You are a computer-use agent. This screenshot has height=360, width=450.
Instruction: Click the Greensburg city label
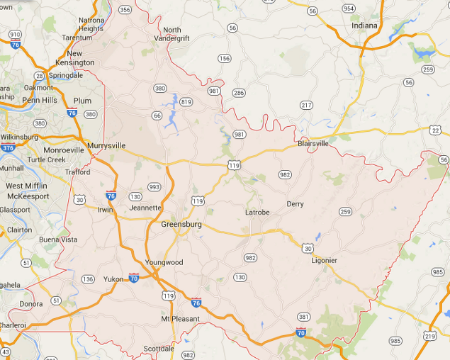pyautogui.click(x=181, y=224)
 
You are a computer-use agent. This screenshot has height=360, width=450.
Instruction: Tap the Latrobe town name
pyautogui.click(x=257, y=212)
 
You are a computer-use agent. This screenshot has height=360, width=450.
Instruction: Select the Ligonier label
pyautogui.click(x=324, y=260)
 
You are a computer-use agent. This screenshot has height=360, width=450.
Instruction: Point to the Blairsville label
pyautogui.click(x=313, y=142)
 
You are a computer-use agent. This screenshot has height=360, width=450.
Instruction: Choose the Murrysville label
pyautogui.click(x=106, y=145)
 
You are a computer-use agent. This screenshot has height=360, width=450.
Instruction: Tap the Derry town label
pyautogui.click(x=295, y=204)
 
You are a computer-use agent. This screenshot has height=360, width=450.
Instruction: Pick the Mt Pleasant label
pyautogui.click(x=180, y=319)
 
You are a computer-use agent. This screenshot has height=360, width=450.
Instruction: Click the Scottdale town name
pyautogui.click(x=159, y=349)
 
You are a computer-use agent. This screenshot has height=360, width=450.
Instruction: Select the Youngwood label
pyautogui.click(x=164, y=262)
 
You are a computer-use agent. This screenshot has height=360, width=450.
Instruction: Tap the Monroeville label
pyautogui.click(x=64, y=150)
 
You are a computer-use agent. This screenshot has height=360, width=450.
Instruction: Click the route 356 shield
pyautogui.click(x=125, y=10)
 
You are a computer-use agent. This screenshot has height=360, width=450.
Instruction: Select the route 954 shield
pyautogui.click(x=348, y=9)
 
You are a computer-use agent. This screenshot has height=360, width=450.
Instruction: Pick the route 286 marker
pyautogui.click(x=238, y=93)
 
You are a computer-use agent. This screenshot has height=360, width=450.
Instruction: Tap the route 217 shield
pyautogui.click(x=305, y=105)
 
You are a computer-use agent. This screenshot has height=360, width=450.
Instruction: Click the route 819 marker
pyautogui.click(x=186, y=102)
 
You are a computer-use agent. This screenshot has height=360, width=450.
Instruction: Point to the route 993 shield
pyautogui.click(x=154, y=187)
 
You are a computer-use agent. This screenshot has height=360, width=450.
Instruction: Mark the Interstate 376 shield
pyautogui.click(x=8, y=148)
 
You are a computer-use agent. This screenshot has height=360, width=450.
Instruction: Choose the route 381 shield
pyautogui.click(x=303, y=317)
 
